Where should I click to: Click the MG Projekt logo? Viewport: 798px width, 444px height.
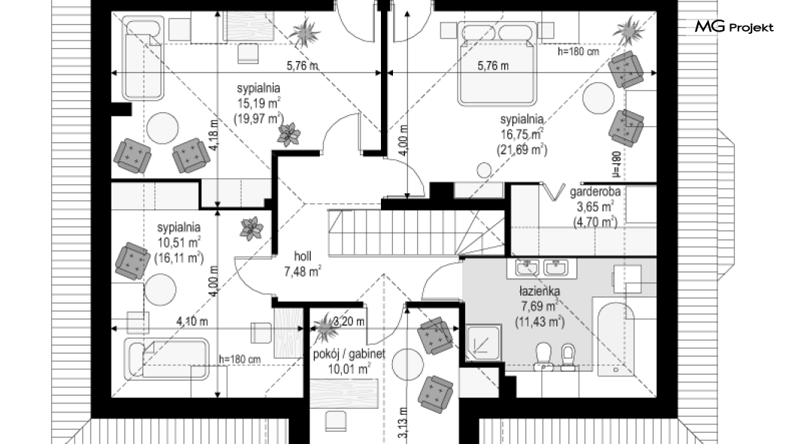pos(734,26)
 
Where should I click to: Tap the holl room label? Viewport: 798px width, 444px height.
pos(303,257)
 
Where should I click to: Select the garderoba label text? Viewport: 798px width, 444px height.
pos(595,192)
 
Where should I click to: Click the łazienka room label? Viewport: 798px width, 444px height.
pos(540,291)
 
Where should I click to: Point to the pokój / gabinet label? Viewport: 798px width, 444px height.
pos(349,354)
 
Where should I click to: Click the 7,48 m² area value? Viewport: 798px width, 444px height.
pos(303,272)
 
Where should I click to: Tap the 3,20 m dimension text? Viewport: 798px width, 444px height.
pos(349,321)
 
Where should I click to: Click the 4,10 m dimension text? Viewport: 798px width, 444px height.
pos(192,321)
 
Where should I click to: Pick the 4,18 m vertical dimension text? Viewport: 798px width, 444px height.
pos(215,135)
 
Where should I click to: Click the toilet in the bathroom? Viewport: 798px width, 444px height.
pos(544,356)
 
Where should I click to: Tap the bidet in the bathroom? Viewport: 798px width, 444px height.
pos(568,357)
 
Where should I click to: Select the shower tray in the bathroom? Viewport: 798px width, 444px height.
pos(483,343)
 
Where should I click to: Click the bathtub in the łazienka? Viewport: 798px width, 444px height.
pos(616,339)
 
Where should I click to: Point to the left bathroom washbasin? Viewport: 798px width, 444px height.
pos(527,267)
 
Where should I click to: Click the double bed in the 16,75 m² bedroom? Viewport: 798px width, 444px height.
pos(497,63)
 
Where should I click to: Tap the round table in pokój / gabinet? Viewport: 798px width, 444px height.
pos(408,364)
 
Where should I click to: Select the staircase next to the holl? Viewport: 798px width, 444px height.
pos(416,232)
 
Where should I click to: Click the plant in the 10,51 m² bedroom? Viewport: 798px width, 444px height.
pos(252,228)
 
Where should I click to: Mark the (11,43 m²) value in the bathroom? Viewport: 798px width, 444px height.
pos(540,322)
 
